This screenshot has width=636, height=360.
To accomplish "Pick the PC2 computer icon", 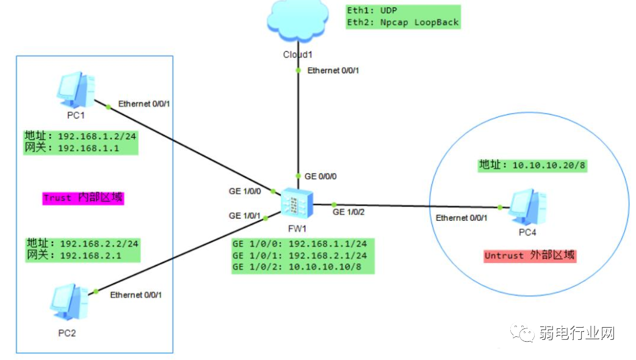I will [67, 302].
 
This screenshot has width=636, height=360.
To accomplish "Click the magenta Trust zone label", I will [82, 198].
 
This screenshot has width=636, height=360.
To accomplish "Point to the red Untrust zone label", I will [529, 256].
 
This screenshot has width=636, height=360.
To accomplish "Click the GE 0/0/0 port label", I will [320, 176].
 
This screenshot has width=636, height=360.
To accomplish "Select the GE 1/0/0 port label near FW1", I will [245, 192].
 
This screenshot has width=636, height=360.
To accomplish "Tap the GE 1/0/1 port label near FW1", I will [245, 215].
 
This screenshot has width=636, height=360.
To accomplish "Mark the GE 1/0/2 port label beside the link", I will [349, 212].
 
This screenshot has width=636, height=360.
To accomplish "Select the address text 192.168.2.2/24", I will [99, 243].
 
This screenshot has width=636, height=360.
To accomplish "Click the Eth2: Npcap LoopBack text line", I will [402, 23].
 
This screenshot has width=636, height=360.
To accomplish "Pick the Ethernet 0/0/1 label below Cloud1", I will [333, 71].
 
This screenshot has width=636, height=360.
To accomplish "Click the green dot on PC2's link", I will [95, 292].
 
